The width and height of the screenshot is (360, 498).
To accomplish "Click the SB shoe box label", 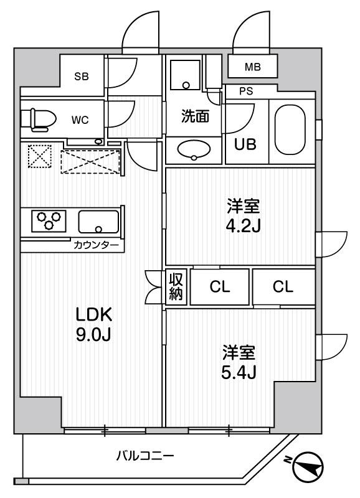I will (x=82, y=77).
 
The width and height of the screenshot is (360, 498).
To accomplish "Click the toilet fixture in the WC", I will (x=37, y=118).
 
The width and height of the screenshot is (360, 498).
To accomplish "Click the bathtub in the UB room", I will (x=292, y=129).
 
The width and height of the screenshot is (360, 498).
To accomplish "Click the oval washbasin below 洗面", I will (x=194, y=149).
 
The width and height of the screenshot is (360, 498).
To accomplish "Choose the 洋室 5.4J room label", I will (x=240, y=362).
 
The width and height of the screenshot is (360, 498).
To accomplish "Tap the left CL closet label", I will (x=219, y=286).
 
